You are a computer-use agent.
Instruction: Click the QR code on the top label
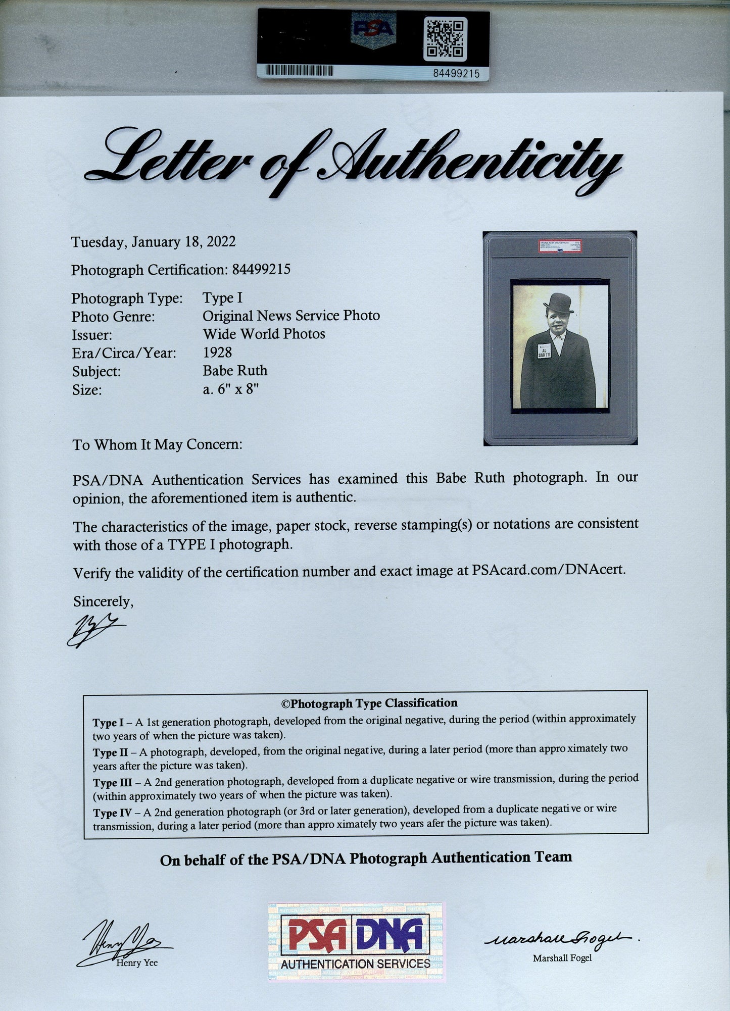point(445,38)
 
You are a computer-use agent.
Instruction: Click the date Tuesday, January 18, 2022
point(153,242)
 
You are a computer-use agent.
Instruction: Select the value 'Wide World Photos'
point(264,334)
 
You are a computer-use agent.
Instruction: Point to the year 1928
point(217,352)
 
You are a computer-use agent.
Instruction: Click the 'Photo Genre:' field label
point(113,317)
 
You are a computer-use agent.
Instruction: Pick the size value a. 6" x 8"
point(231,389)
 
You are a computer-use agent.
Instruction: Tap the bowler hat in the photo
point(558,302)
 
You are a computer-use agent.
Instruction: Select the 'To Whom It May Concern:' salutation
point(158,444)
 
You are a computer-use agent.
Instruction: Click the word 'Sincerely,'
point(103,601)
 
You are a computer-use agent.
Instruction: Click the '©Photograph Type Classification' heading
point(369,703)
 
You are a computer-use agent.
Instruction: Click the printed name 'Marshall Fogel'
point(562,958)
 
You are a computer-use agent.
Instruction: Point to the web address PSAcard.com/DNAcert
point(549,570)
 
